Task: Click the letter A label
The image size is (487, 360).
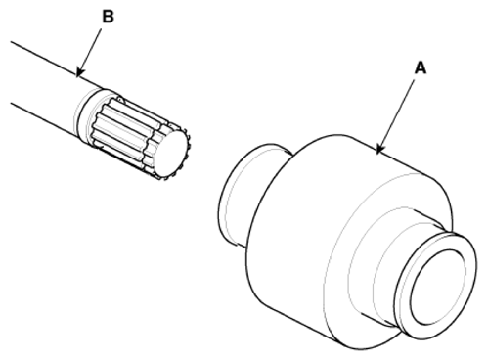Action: tap(421, 68)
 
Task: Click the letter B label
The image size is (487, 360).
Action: tap(109, 17)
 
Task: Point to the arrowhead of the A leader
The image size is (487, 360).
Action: tap(378, 150)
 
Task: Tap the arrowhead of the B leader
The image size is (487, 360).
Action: tap(79, 73)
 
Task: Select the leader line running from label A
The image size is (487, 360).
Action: tap(396, 116)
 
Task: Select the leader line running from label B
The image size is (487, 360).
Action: tap(89, 53)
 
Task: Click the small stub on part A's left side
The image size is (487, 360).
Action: tap(242, 196)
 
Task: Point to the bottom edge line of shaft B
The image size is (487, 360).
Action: tap(46, 119)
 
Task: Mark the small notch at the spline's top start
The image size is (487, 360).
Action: tap(119, 97)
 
